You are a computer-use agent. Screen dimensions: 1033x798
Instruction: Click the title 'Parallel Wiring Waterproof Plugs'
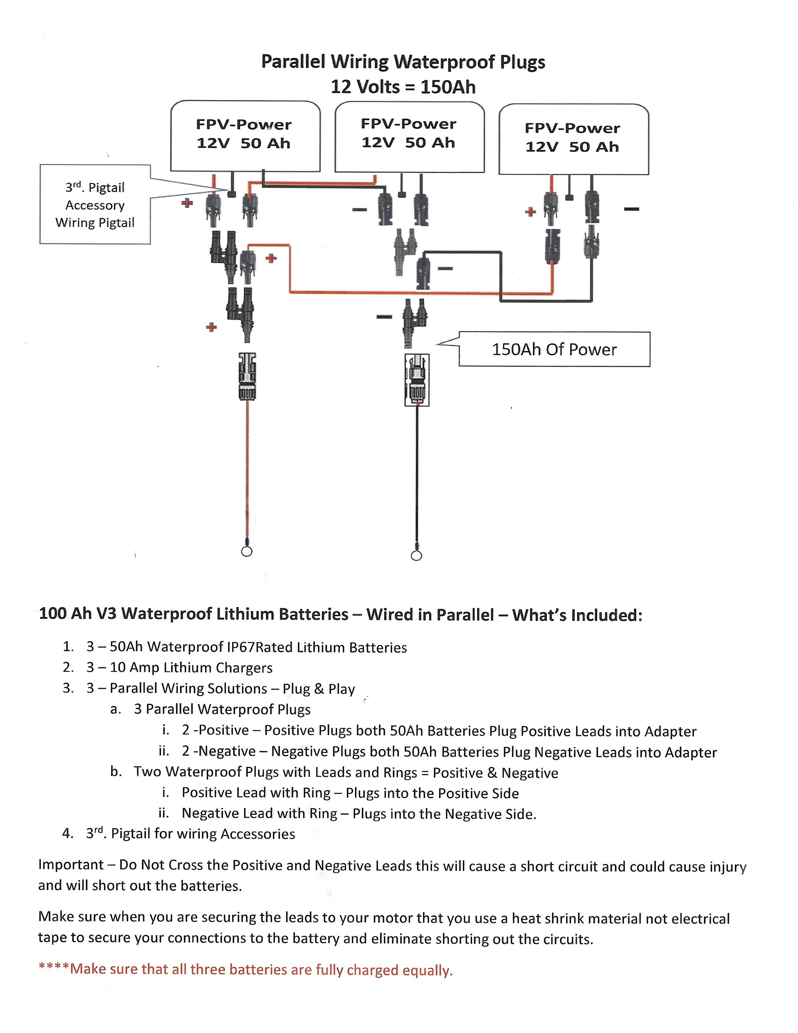pos(403,62)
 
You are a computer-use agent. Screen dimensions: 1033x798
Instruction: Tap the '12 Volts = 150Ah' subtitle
pos(403,87)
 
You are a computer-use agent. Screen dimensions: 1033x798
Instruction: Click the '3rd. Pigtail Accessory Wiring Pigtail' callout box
pos(95,204)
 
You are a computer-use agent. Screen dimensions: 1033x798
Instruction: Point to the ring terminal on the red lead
pos(247,551)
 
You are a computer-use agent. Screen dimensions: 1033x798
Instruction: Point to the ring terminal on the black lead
pos(416,555)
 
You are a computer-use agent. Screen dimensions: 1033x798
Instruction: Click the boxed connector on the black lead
pos(417,380)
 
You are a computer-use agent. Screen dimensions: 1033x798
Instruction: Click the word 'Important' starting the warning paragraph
pos(71,865)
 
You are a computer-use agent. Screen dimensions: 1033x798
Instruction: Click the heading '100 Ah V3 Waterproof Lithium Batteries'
pos(194,614)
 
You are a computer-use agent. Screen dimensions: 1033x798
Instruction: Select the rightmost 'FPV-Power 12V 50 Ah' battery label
pos(572,137)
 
